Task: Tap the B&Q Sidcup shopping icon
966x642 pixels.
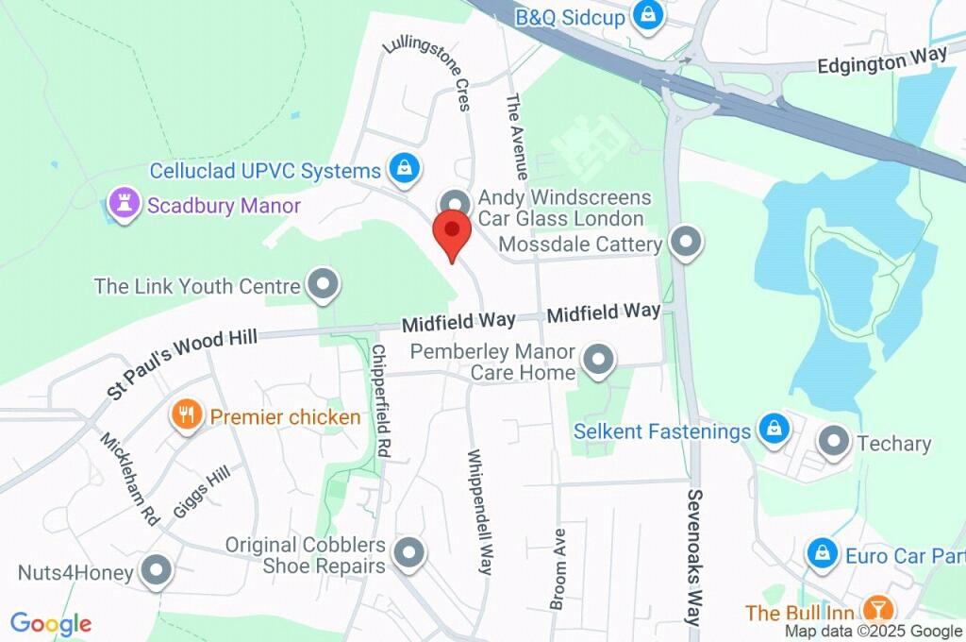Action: tap(649, 15)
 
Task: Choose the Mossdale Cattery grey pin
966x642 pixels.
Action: tap(686, 243)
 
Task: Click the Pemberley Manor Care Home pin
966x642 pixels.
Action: tap(597, 360)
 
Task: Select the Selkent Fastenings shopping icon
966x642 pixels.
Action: tap(774, 430)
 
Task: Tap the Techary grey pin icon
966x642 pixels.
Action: tap(834, 441)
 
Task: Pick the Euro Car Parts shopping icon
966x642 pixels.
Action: tap(823, 553)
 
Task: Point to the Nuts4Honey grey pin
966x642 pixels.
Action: tap(156, 570)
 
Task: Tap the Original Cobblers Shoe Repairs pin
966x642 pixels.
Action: tap(409, 553)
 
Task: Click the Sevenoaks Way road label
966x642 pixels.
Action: tap(695, 557)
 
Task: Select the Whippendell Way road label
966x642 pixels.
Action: tap(479, 511)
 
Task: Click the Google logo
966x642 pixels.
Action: tap(51, 624)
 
